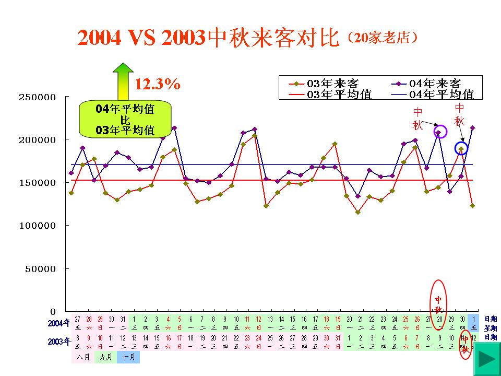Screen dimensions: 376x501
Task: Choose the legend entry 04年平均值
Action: [x=435, y=94]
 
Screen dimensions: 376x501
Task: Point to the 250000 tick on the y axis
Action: [x=37, y=97]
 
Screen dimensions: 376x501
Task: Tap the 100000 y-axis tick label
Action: [x=37, y=226]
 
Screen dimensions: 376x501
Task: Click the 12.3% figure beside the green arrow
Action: [x=158, y=84]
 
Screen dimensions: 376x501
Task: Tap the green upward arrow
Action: [x=123, y=81]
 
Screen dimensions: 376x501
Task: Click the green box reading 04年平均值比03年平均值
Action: [x=126, y=120]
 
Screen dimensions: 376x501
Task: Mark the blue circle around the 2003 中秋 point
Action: [x=461, y=148]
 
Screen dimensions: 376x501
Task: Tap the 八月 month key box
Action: [x=82, y=358]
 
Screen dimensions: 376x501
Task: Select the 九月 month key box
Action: [x=105, y=358]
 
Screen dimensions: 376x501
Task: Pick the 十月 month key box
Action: [x=128, y=358]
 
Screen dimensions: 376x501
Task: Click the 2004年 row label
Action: [x=58, y=323]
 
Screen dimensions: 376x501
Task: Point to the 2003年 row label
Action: [x=58, y=342]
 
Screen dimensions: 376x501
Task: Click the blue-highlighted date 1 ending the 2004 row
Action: [x=473, y=319]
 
